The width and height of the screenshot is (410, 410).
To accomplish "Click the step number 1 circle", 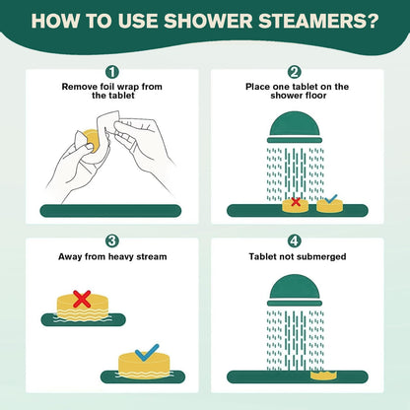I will [112, 72].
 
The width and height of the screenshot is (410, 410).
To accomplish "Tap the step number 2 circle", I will [295, 72].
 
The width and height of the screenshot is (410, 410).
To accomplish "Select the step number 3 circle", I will [112, 240].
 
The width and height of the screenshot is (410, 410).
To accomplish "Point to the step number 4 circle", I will [295, 240].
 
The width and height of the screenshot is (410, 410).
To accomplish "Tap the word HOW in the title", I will [58, 20].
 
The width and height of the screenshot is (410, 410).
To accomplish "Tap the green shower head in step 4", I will [294, 290].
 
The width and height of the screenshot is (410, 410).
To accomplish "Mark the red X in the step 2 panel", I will [293, 202].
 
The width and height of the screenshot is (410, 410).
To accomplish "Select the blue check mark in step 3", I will [146, 351].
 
